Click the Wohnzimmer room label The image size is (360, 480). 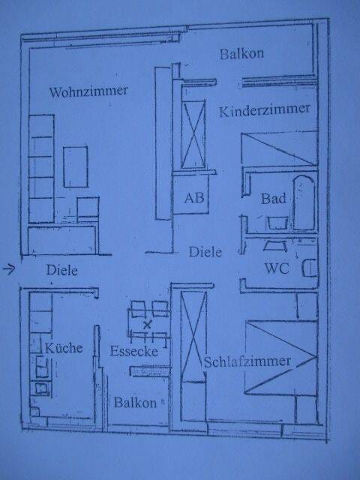pyautogui.click(x=88, y=91)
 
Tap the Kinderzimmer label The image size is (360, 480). pyautogui.click(x=265, y=110)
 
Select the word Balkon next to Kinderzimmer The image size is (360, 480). pyautogui.click(x=241, y=53)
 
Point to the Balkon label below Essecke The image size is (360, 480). pyautogui.click(x=135, y=403)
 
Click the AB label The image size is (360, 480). pyautogui.click(x=194, y=198)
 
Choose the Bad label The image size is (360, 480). pyautogui.click(x=273, y=198)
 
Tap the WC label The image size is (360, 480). pyautogui.click(x=277, y=268)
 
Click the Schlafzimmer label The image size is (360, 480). pyautogui.click(x=247, y=362)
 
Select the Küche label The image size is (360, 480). pyautogui.click(x=64, y=348)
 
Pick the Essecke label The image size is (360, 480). pyautogui.click(x=133, y=351)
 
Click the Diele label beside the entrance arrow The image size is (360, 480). pyautogui.click(x=61, y=270)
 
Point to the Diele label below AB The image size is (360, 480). pyautogui.click(x=205, y=252)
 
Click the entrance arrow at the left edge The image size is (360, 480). pyautogui.click(x=9, y=269)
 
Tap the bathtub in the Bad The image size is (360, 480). pyautogui.click(x=304, y=202)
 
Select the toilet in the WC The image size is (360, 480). pyautogui.click(x=310, y=268)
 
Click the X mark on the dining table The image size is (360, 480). pyautogui.click(x=147, y=325)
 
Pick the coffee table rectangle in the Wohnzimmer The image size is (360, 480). pyautogui.click(x=75, y=166)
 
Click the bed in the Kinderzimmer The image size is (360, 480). pyautogui.click(x=279, y=149)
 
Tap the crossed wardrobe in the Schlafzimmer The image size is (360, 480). pyautogui.click(x=193, y=337)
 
